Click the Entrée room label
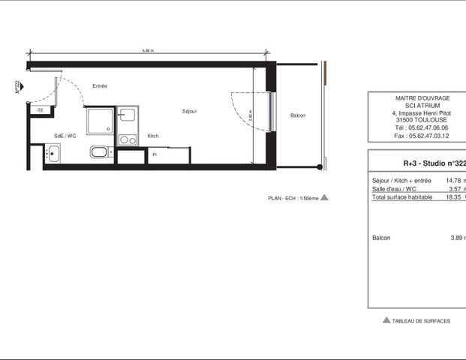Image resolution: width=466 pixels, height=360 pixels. tap(100, 86)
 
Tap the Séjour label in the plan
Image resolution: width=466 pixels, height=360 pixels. tap(189, 111)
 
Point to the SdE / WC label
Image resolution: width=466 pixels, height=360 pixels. tap(65, 136)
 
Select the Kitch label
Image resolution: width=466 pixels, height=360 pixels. tap(153, 136)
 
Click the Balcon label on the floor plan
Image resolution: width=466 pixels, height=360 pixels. tap(298, 115)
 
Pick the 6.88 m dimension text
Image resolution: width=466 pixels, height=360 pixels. tap(148, 51)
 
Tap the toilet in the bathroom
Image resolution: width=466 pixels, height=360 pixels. tap(100, 153)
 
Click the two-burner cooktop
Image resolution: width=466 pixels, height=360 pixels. tap(127, 139)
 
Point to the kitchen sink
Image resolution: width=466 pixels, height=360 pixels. tap(127, 115)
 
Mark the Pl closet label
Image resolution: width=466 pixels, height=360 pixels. tap(154, 154)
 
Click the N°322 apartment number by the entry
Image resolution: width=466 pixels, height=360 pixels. tap(17, 87)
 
